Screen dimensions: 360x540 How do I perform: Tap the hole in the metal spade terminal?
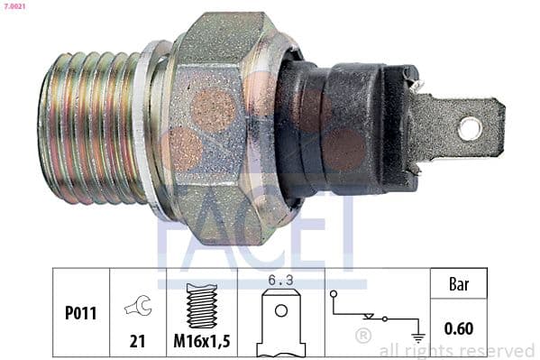tap(469, 128)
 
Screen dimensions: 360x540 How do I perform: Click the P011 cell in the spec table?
tap(80, 314)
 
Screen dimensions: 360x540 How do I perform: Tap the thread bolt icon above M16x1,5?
tap(200, 304)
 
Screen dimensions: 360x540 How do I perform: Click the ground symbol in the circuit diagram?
tap(416, 337)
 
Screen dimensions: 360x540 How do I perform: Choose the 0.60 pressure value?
tap(460, 329)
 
